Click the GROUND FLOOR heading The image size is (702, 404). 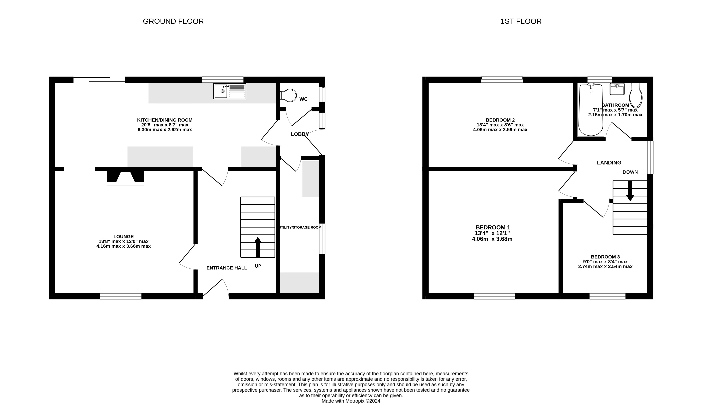coord(173,21)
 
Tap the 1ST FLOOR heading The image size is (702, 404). coord(521,21)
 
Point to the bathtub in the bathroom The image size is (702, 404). coord(590,110)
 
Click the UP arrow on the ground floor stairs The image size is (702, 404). coord(258,247)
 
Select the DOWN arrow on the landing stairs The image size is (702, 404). coord(630,191)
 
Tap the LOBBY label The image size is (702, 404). coord(300,134)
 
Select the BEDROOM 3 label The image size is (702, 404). coord(605,257)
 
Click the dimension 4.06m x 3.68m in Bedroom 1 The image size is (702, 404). coord(492,239)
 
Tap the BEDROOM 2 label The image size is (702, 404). coord(500,120)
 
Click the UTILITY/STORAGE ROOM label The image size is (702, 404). coord(300,227)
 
